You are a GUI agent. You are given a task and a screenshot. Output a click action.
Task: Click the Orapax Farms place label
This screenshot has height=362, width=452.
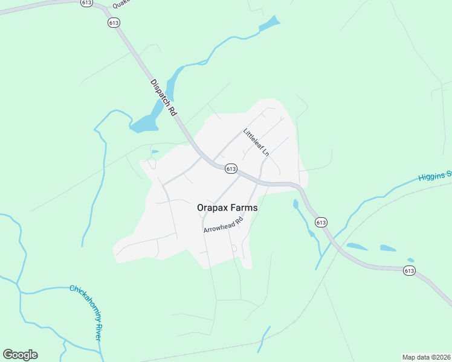227,208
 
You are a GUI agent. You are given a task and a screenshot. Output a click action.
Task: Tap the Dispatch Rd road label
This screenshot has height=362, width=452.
163,98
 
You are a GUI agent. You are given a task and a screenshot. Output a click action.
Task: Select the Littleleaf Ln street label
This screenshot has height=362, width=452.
256,142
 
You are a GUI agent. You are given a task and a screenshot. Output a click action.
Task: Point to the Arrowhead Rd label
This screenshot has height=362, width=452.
223,225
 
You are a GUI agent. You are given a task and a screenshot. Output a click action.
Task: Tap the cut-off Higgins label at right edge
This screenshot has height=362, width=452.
436,176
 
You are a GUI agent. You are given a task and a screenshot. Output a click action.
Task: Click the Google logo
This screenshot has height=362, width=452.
20,355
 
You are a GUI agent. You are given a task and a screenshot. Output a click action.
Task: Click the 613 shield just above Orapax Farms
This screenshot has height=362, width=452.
230,169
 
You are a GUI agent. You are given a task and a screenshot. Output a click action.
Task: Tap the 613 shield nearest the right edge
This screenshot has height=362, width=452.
410,270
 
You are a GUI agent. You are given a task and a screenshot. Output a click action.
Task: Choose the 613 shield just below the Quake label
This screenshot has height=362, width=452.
114,22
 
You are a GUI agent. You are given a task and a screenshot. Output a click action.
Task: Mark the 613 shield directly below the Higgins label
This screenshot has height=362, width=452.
321,222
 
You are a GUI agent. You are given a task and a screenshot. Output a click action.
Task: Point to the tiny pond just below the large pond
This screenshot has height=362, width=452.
155,151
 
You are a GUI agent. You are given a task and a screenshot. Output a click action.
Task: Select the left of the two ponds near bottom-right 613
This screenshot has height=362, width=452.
357,246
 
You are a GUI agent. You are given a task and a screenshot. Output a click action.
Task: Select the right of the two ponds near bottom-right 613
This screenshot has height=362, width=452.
388,248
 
